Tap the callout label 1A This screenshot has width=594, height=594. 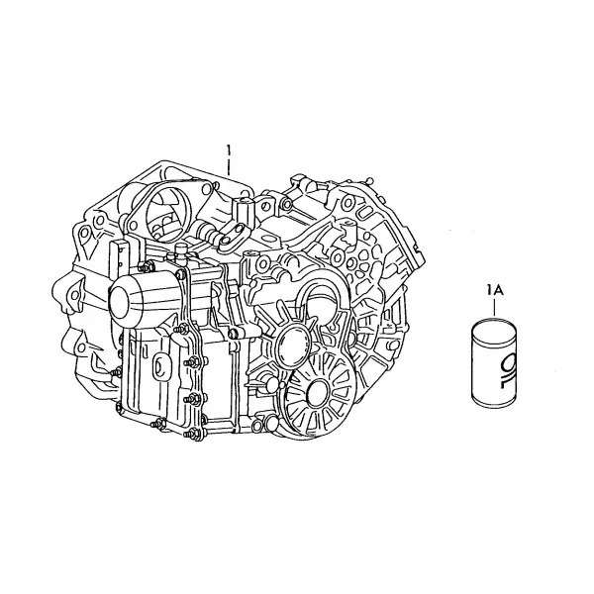click(495, 291)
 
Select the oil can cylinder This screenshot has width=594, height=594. click(494, 360)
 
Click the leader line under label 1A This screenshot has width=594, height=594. click(494, 307)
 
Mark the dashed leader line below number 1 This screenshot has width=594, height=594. click(229, 166)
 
